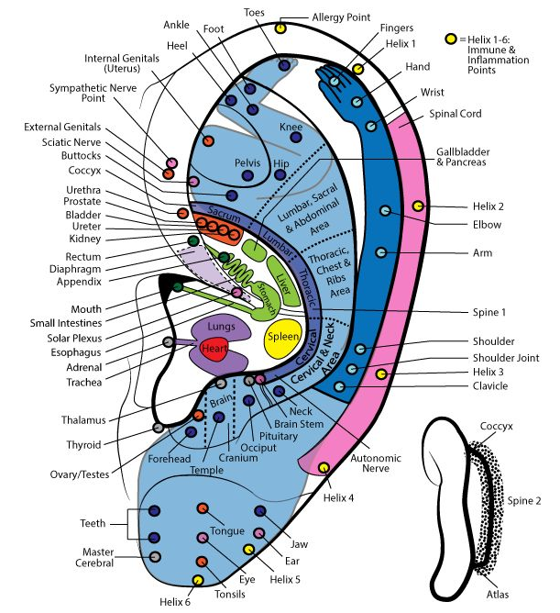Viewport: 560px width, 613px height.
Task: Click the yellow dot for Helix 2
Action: [418, 206]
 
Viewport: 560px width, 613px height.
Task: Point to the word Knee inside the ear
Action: [291, 127]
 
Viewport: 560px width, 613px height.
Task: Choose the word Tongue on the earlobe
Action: [226, 530]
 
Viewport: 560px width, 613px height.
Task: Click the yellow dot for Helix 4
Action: [324, 469]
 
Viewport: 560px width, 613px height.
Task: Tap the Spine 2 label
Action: [526, 501]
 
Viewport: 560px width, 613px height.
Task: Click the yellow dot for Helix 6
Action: [198, 580]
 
